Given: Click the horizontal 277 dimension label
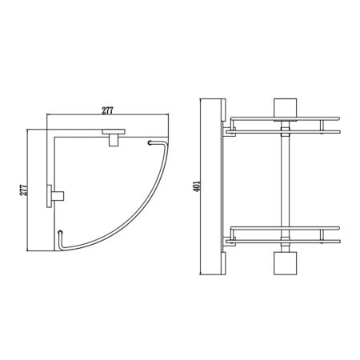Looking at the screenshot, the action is [x=107, y=110].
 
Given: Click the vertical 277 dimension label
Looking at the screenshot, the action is [x=24, y=190].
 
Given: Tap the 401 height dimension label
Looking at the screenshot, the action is [x=197, y=186].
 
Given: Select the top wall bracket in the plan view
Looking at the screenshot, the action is [x=114, y=138].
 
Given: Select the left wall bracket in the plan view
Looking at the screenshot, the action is [x=55, y=196].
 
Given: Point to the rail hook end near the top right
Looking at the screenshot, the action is [x=150, y=143].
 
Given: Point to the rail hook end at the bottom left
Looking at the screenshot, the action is [x=60, y=233].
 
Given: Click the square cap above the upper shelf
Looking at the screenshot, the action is [x=285, y=110].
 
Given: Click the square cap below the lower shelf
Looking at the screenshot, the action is [x=285, y=263].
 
